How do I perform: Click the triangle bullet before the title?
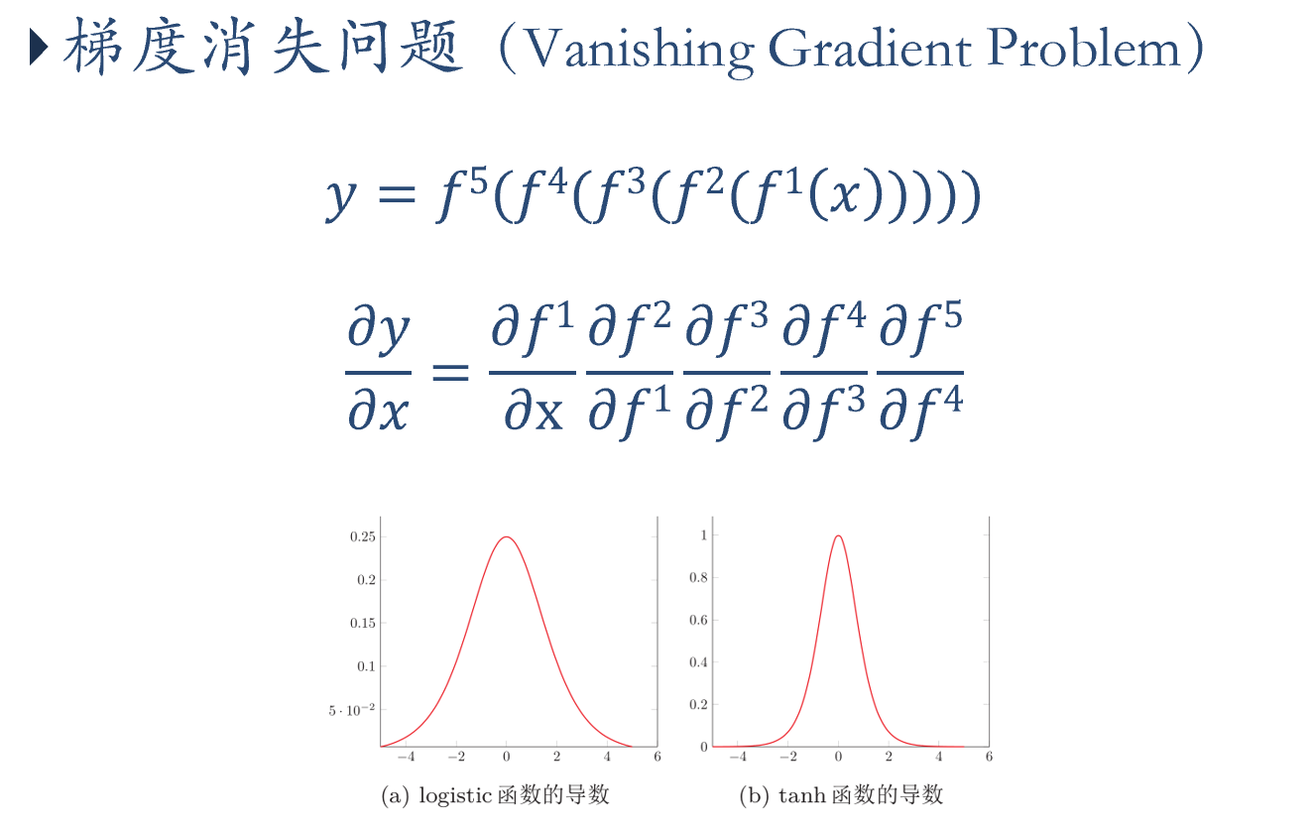point(39,48)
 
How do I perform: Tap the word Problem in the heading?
point(1083,48)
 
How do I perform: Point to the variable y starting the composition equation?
point(341,198)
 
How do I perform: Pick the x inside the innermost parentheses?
point(845,197)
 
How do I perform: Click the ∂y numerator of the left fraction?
point(379,329)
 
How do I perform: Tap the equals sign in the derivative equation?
point(450,372)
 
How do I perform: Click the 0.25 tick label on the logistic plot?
point(363,536)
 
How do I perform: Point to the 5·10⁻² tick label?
point(351,710)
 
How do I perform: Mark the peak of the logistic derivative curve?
point(506,536)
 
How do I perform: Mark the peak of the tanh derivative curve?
point(838,535)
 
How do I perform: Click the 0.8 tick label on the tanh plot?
point(698,577)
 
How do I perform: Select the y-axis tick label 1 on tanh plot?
point(704,534)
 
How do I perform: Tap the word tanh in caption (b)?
point(801,795)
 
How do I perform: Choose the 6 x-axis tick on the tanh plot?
point(989,757)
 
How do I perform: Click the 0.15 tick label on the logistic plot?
point(363,623)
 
